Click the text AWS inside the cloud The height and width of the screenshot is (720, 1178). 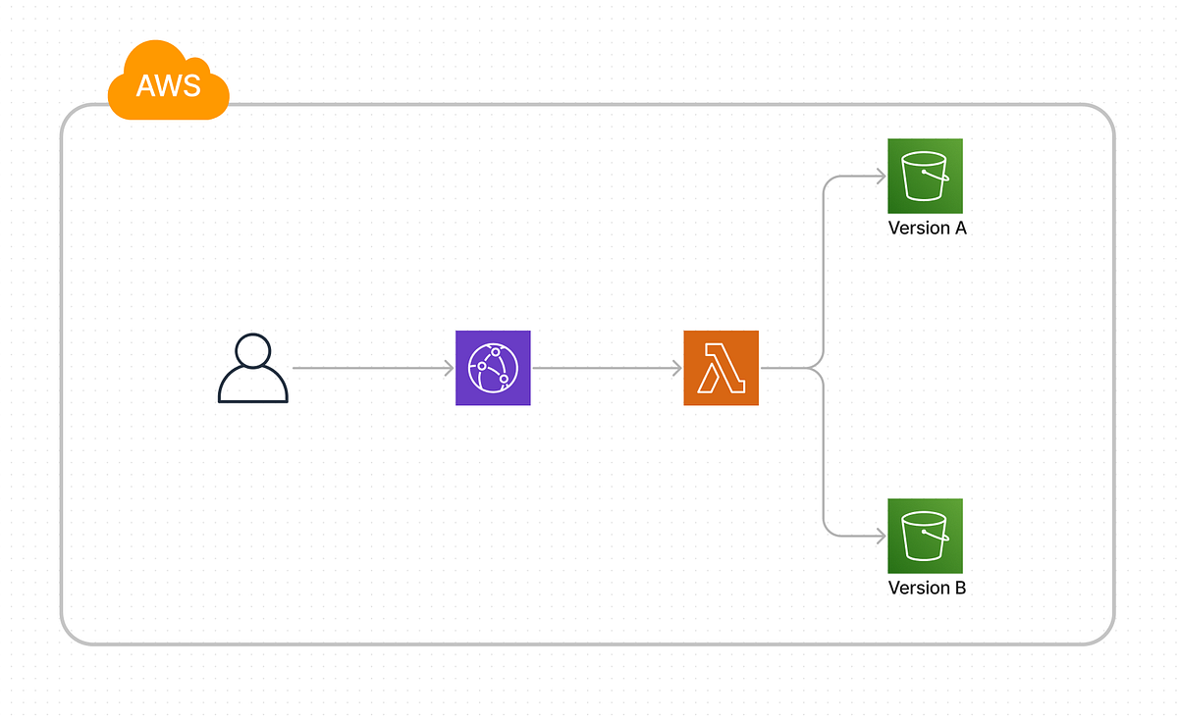click(168, 85)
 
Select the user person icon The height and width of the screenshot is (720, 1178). click(252, 369)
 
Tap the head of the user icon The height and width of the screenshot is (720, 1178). click(252, 352)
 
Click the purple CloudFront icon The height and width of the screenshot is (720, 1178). click(493, 368)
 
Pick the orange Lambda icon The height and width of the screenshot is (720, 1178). click(721, 368)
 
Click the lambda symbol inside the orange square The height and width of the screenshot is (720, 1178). click(720, 369)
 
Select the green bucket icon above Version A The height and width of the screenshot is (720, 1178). click(925, 176)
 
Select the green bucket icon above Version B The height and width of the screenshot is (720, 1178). click(925, 536)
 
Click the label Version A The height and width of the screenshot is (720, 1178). click(927, 228)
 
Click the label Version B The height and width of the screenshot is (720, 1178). click(927, 588)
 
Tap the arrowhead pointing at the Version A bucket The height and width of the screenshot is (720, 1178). click(881, 177)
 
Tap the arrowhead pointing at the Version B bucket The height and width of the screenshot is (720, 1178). click(881, 536)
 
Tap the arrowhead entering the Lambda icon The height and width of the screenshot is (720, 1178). click(676, 368)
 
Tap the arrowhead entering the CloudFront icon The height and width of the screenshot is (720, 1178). click(449, 368)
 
